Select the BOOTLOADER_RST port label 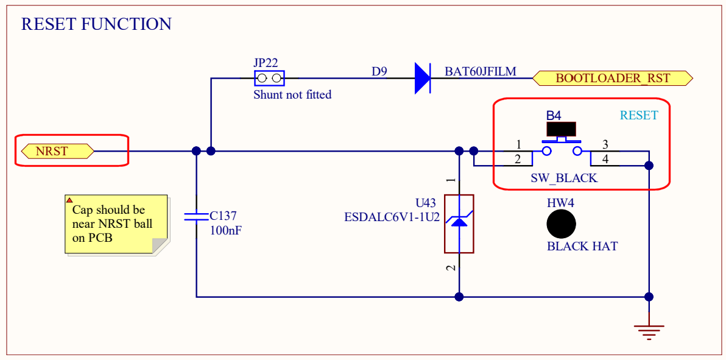coord(613,78)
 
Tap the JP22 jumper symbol coord(269,78)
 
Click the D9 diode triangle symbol coord(422,78)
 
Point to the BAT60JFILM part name coord(480,72)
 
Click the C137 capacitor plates coord(196,216)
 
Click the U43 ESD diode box coord(459,224)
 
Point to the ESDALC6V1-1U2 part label coord(392,216)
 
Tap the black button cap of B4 coord(561,129)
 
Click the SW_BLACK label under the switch coord(564,178)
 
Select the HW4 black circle coord(561,224)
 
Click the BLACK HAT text coord(582,247)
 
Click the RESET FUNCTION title coord(96,24)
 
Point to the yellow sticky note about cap coord(115,223)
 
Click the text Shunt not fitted coord(292,95)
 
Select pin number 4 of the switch coord(605,160)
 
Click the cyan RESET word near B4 coord(638,115)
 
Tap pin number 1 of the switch coord(518,145)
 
